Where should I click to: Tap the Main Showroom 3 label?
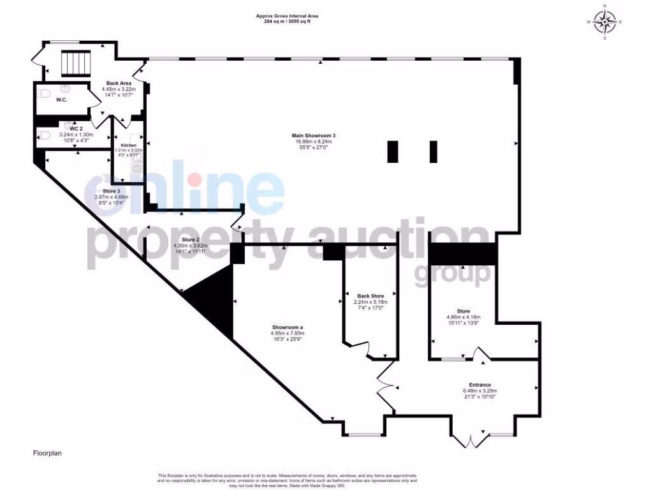(313, 135)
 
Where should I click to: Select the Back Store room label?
(371, 296)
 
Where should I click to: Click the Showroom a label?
(287, 327)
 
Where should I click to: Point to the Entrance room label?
(480, 385)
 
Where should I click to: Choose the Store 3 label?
(112, 191)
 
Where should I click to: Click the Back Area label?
(119, 84)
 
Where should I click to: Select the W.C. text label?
(62, 100)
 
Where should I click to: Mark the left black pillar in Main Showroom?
(393, 151)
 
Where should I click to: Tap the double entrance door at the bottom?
(471, 440)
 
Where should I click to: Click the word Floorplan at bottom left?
(47, 453)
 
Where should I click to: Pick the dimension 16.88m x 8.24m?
(313, 142)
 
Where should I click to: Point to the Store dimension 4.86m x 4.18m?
(463, 317)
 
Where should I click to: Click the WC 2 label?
(77, 129)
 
